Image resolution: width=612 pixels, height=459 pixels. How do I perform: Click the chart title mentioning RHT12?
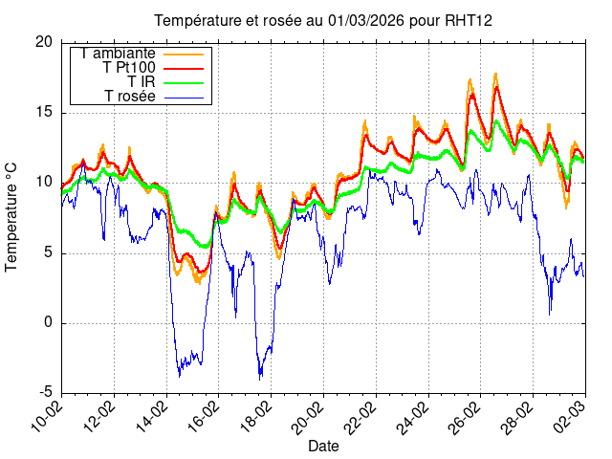(x=323, y=20)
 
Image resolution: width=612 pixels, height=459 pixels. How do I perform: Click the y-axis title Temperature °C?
(x=11, y=216)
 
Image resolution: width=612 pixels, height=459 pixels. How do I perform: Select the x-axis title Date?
(x=323, y=446)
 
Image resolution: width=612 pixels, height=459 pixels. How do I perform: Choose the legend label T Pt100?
(x=128, y=68)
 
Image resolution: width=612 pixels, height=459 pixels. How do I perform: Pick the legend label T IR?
(x=142, y=82)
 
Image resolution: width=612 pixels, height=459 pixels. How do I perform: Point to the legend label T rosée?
(x=130, y=96)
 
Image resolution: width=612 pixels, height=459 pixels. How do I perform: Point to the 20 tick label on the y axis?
(x=44, y=42)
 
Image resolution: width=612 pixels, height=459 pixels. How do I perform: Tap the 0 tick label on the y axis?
(x=49, y=322)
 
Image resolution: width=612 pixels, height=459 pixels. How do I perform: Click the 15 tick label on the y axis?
(x=44, y=112)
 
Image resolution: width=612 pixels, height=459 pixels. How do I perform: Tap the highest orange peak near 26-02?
(x=495, y=74)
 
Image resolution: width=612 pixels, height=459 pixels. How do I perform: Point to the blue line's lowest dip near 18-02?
(x=259, y=379)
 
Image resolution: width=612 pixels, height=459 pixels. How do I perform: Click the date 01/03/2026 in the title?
(x=354, y=20)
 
